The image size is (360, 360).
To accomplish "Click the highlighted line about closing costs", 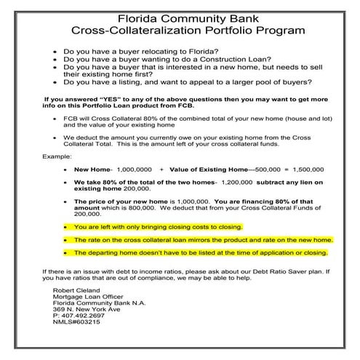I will pos(158,227).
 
